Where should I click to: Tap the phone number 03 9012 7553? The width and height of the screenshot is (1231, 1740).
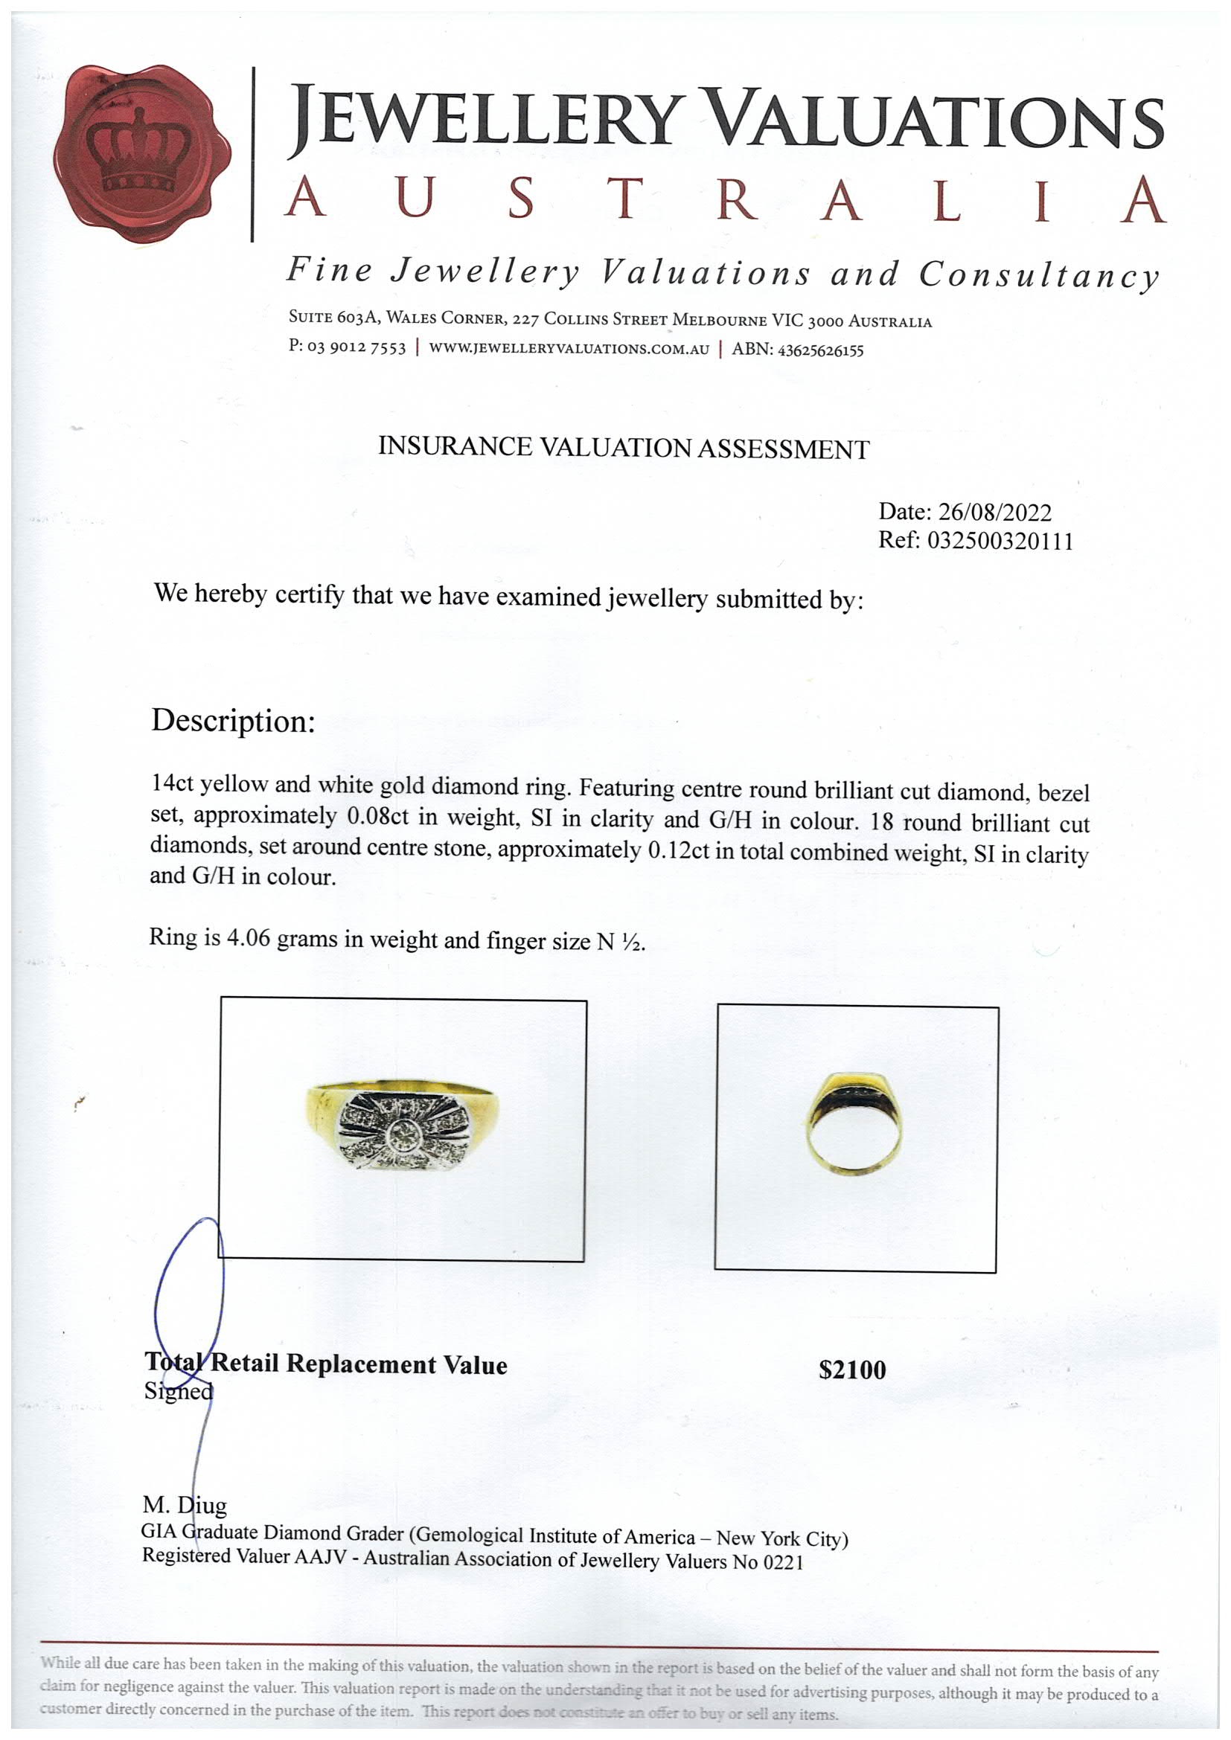(x=356, y=348)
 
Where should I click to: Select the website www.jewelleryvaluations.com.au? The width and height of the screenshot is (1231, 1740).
(x=569, y=349)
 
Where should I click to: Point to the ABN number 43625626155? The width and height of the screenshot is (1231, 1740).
(x=820, y=350)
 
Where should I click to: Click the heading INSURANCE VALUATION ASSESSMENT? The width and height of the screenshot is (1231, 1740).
(x=623, y=448)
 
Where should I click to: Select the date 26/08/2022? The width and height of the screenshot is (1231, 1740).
(x=994, y=513)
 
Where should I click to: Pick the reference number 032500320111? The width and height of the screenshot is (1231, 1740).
(x=1000, y=541)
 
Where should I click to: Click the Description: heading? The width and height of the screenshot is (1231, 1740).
(x=233, y=721)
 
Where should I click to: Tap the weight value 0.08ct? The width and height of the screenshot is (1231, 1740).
(x=378, y=817)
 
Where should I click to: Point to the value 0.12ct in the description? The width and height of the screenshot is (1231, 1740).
(x=679, y=851)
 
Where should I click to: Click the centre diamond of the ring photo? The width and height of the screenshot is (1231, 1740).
(x=402, y=1134)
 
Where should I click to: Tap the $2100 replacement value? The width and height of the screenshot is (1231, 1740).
(x=852, y=1370)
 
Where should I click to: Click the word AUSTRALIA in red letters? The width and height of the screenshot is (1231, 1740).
(x=724, y=201)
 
